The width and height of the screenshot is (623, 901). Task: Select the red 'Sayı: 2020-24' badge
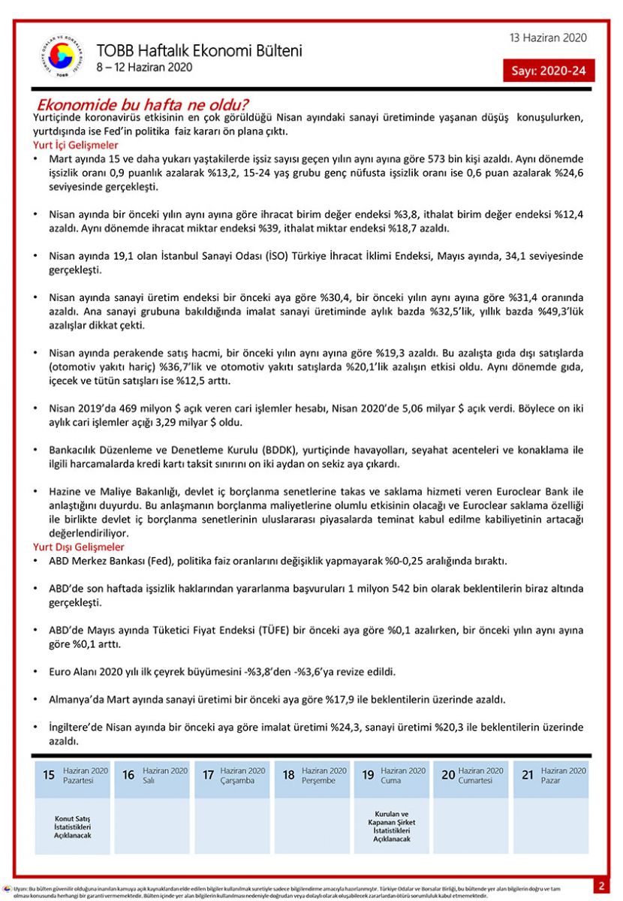(549, 71)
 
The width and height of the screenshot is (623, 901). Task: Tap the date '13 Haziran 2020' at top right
(548, 38)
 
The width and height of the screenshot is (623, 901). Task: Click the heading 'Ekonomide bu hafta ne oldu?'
(143, 104)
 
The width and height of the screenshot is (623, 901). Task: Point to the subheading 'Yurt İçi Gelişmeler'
(76, 145)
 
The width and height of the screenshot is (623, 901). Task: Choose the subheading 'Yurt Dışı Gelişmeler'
(79, 547)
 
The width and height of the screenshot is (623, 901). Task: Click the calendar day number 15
(49, 775)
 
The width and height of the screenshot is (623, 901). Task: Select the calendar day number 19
(368, 775)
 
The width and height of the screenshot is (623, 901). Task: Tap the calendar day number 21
(528, 775)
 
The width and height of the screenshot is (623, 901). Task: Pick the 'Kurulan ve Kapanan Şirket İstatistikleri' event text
(392, 826)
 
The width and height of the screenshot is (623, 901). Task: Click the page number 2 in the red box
(601, 886)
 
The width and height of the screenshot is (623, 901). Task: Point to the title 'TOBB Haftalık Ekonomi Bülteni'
(199, 51)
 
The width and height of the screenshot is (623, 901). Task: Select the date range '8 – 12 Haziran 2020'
(144, 68)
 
